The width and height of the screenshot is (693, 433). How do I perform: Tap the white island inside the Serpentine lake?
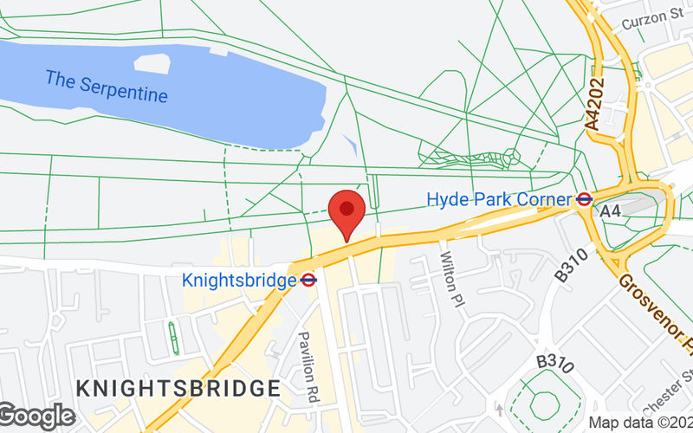(x=152, y=62)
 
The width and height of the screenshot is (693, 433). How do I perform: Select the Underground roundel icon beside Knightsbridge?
(x=308, y=280)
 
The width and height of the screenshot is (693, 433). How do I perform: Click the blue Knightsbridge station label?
(x=239, y=280)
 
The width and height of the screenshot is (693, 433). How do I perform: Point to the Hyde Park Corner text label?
(x=499, y=199)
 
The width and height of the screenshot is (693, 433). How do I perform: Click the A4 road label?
(x=612, y=210)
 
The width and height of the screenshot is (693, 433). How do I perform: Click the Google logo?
(x=36, y=417)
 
